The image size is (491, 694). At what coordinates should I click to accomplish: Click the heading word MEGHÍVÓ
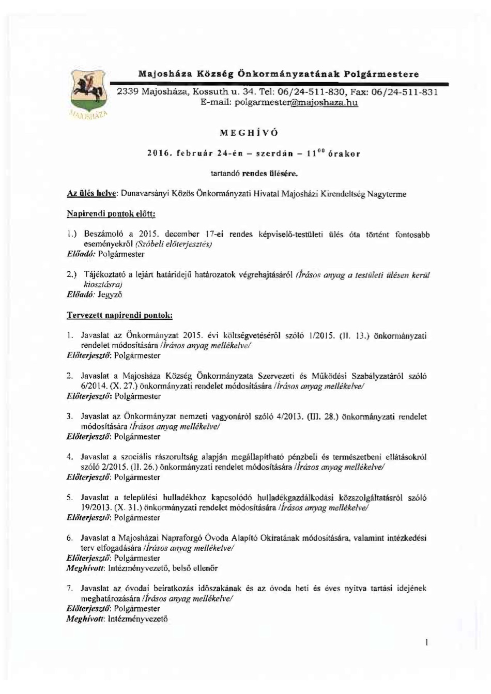click(249, 133)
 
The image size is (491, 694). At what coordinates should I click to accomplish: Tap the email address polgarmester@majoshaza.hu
click(296, 103)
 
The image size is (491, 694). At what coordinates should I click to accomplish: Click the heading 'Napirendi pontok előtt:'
click(111, 213)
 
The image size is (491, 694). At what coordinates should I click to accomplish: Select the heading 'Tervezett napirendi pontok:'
click(120, 315)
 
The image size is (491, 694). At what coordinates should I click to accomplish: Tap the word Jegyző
click(110, 295)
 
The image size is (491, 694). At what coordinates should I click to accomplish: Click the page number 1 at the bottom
click(427, 642)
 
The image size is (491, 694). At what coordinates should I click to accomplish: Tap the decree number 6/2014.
click(93, 386)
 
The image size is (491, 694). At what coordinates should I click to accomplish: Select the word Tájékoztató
click(105, 274)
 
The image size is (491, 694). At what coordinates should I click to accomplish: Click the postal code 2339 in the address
click(128, 92)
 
